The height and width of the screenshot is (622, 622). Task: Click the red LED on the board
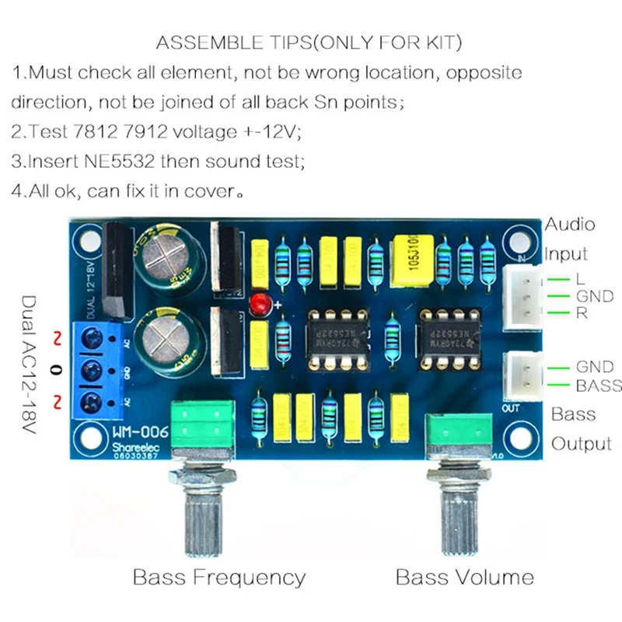(x=257, y=304)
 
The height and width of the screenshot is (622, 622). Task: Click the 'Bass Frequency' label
(x=219, y=578)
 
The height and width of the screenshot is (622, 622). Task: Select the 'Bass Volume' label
(x=465, y=578)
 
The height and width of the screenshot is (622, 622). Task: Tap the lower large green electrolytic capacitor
(x=169, y=343)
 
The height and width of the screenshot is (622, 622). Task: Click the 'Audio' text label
(x=569, y=225)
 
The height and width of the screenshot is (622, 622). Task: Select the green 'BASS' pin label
(x=597, y=386)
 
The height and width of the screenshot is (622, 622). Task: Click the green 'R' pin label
(x=581, y=314)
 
